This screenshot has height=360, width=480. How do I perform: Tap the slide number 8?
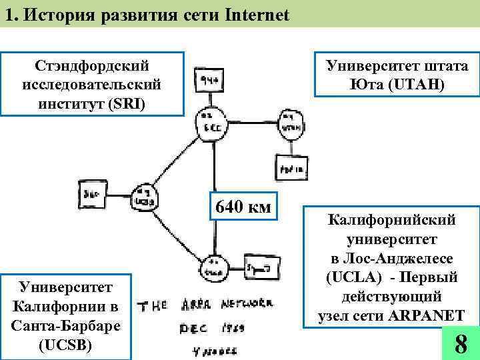[460, 344]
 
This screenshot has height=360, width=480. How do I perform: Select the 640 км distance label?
[241, 207]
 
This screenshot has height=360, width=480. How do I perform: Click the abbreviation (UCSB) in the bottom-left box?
[66, 345]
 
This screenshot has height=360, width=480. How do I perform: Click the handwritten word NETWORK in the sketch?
[247, 305]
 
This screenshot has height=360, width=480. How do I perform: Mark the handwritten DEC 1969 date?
[213, 329]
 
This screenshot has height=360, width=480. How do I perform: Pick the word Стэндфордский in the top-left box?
[91, 66]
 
